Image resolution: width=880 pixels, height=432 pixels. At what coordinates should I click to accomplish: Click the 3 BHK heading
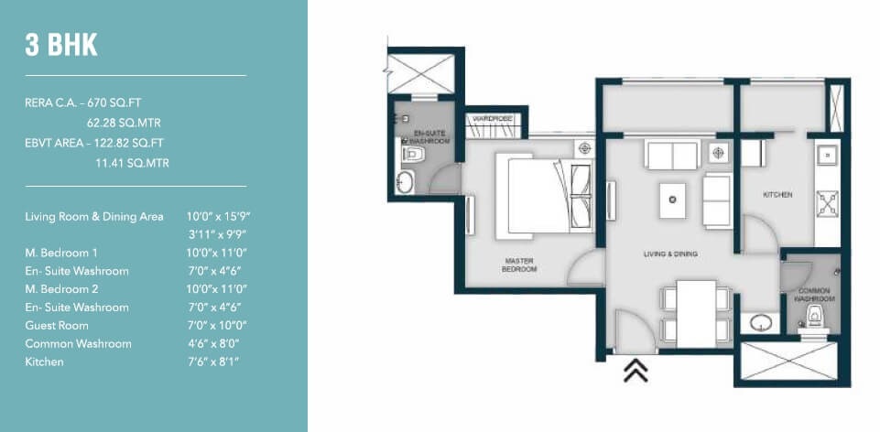pos(61,45)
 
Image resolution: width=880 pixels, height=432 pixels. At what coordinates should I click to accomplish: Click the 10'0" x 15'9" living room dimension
pos(218,217)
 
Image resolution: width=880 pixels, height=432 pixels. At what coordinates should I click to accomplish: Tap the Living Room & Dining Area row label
pos(94,217)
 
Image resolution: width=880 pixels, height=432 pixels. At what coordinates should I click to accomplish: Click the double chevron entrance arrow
pos(636,370)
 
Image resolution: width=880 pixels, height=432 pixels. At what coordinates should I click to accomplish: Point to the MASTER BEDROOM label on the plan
pos(519,265)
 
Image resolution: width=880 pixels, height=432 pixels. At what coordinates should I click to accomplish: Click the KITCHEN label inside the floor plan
pos(778,195)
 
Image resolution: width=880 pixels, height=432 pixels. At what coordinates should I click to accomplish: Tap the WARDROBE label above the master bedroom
pos(495,118)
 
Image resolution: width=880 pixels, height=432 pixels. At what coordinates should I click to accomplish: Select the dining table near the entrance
pos(697,313)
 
